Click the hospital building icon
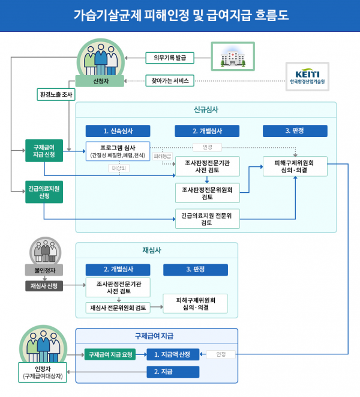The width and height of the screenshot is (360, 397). point(233,56)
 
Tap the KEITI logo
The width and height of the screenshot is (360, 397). point(307,76)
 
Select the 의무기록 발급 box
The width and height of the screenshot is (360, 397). point(170,58)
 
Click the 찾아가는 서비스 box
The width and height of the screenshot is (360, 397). point(170,80)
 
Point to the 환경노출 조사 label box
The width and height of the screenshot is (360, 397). point(56,95)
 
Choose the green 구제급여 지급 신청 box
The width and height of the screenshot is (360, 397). point(44,151)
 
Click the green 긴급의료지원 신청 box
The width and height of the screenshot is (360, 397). point(44,192)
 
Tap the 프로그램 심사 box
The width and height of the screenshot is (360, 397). point(118,151)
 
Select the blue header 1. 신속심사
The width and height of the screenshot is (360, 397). point(118,131)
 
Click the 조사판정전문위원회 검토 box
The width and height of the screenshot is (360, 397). point(208,193)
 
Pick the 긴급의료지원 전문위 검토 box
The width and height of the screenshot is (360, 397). point(208,219)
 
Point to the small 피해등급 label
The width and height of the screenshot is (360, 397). point(163,156)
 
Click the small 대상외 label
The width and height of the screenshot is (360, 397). point(119,168)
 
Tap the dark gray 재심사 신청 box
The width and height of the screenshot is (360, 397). point(44,286)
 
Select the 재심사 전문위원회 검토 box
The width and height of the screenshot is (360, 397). point(118,308)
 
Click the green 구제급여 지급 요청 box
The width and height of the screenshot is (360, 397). point(110,354)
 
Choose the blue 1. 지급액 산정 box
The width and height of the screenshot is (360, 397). point(173,354)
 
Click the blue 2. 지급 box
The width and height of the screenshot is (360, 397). point(173,372)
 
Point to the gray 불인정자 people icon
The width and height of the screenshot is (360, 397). point(45,251)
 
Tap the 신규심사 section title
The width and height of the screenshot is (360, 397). point(206,110)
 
